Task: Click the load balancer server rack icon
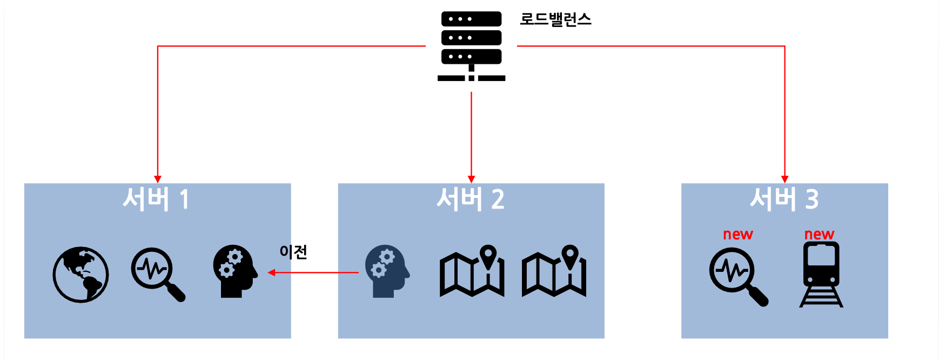[x=471, y=46]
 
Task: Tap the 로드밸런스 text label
[x=555, y=19]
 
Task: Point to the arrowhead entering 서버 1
[x=158, y=179]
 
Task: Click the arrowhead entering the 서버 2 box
[x=471, y=179]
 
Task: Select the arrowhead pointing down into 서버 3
[x=784, y=179]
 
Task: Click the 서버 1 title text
[x=156, y=199]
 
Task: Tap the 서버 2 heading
[x=470, y=199]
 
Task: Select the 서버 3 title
[x=784, y=199]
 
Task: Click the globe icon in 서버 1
[x=81, y=275]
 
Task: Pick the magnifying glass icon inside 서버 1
[x=157, y=274]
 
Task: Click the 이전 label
[x=293, y=252]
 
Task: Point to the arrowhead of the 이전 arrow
[x=272, y=272]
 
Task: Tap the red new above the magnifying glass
[x=737, y=235]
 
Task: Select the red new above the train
[x=819, y=235]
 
